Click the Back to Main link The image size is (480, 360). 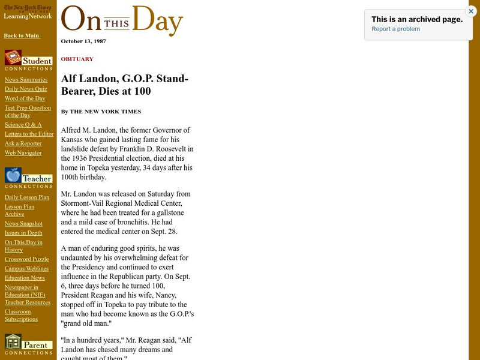(x=22, y=36)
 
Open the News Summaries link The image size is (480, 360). (x=26, y=80)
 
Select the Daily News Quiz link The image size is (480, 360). (x=26, y=89)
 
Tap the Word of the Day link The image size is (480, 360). (x=25, y=98)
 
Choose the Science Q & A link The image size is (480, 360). (x=23, y=125)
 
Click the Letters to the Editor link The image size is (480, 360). (x=29, y=134)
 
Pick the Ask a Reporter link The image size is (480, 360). (x=23, y=143)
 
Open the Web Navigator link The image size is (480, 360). (x=23, y=153)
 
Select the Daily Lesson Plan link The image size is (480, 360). (x=27, y=197)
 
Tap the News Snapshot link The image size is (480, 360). (x=23, y=224)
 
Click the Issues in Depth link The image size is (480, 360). (x=23, y=233)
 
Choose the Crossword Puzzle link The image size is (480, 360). (x=27, y=260)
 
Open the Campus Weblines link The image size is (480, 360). (x=27, y=269)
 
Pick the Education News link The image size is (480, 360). (x=25, y=278)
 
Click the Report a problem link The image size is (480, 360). (x=395, y=29)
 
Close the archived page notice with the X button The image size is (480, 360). (x=470, y=11)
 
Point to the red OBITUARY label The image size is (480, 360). (x=77, y=59)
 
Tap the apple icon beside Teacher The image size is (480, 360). (x=13, y=175)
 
